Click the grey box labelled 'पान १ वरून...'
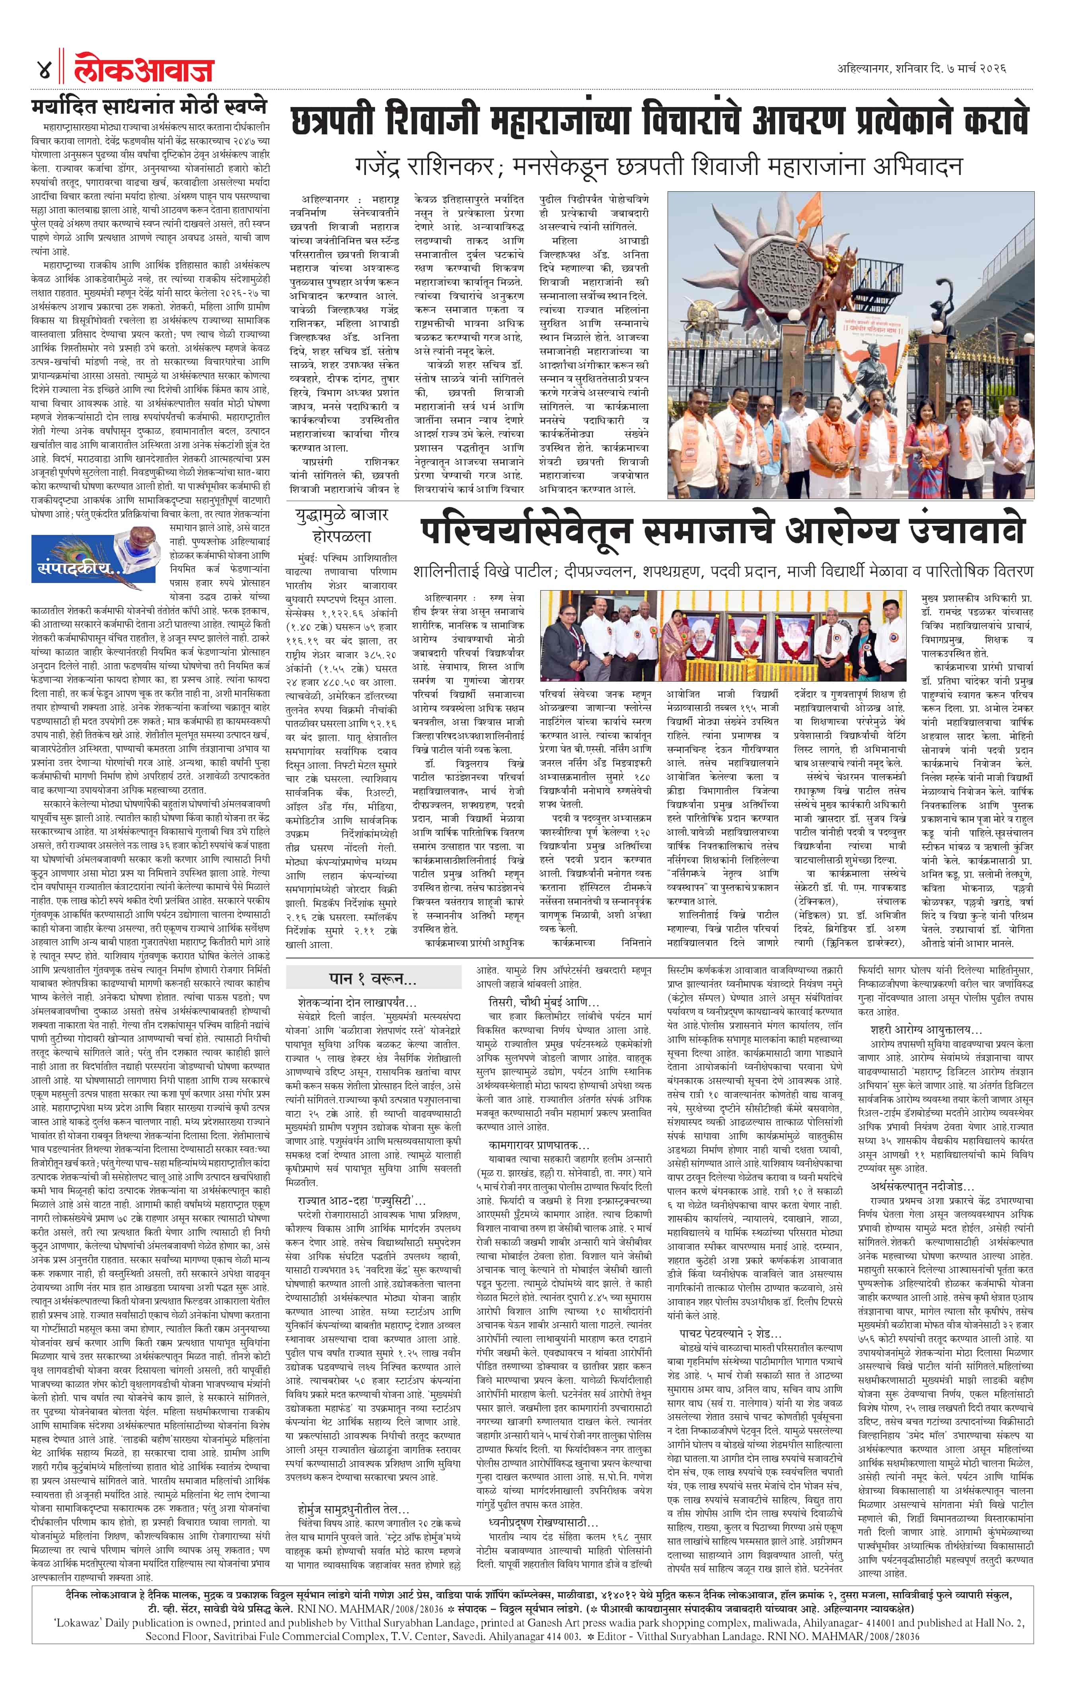(374, 979)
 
